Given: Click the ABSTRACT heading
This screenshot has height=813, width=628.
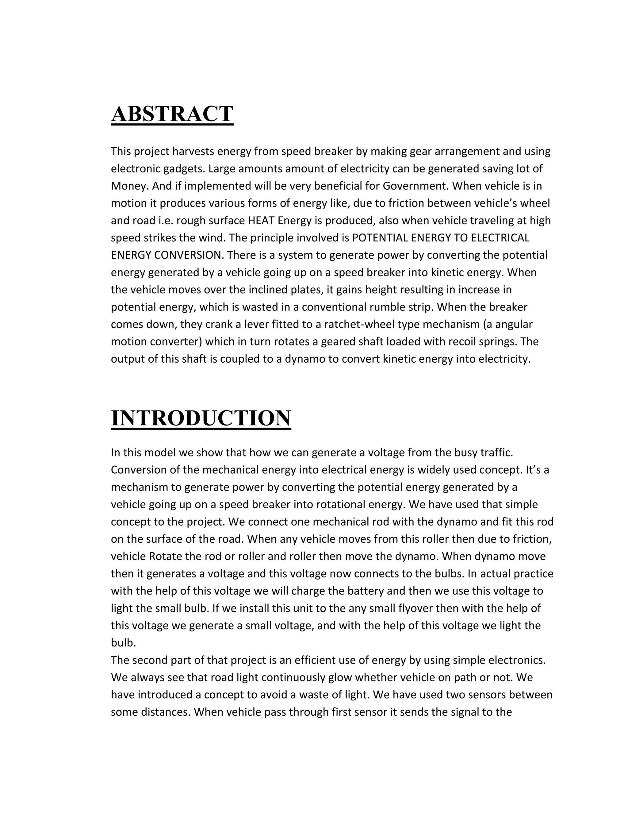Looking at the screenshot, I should point(172,114).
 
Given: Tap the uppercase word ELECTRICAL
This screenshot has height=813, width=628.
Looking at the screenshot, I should point(500,238).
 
